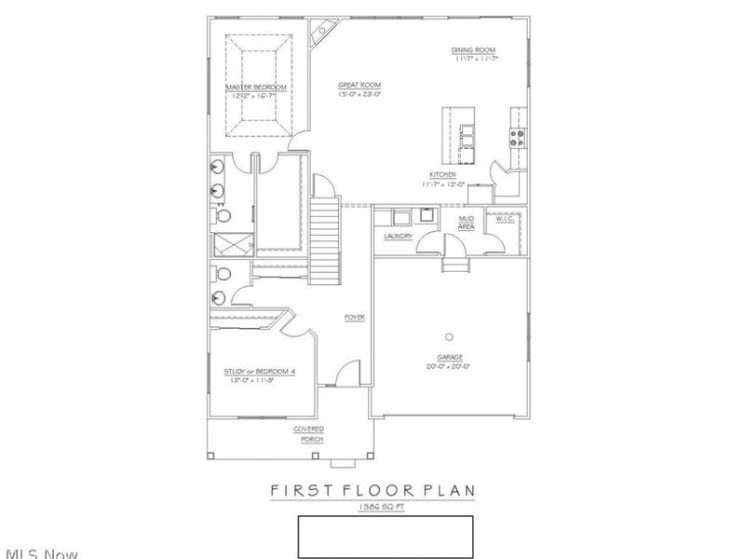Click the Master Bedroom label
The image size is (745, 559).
(x=255, y=87)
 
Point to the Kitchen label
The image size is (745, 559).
(x=441, y=175)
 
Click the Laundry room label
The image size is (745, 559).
(x=398, y=237)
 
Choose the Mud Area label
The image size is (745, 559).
(x=467, y=223)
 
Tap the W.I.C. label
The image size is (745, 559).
(x=505, y=218)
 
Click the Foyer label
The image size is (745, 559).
(x=354, y=318)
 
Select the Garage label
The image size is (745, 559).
(x=450, y=357)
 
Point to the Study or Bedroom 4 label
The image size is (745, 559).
(x=260, y=372)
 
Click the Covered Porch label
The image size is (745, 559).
(x=309, y=434)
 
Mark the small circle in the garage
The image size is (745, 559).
(x=450, y=336)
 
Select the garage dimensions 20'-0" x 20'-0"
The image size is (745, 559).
(x=450, y=366)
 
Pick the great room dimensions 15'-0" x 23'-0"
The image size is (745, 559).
(x=359, y=95)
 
